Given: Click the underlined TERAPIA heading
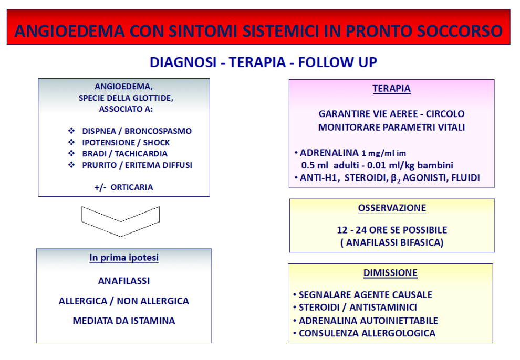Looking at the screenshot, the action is click(391, 89).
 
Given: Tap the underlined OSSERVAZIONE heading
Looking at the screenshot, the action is click(392, 208).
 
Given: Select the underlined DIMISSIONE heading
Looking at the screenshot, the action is click(390, 273).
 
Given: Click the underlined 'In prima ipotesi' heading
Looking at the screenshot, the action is click(124, 258).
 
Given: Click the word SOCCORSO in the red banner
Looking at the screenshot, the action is click(459, 31).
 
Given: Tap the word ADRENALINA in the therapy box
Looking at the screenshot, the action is click(329, 153).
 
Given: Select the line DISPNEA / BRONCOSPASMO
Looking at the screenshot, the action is click(137, 131).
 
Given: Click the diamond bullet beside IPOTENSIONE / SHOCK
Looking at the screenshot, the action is click(71, 142).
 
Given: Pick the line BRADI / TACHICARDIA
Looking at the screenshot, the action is click(124, 154).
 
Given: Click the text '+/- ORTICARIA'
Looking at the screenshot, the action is click(124, 187).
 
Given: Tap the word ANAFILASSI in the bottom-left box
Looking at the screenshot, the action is click(124, 281).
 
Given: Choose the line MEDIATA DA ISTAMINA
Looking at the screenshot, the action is click(124, 321).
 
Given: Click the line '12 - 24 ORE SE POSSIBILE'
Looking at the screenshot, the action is click(392, 230).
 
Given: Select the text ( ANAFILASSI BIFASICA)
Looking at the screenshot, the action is click(392, 243).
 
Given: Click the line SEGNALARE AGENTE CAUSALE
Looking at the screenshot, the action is click(366, 295).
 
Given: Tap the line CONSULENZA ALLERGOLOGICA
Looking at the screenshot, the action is click(367, 333).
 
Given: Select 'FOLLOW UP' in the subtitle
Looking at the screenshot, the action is click(338, 62).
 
